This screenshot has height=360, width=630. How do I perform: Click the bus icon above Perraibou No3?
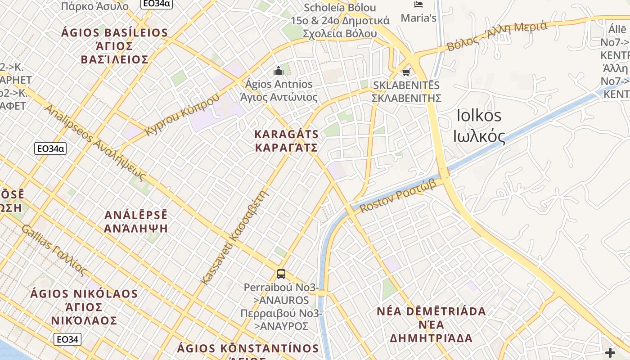pyautogui.click(x=281, y=274)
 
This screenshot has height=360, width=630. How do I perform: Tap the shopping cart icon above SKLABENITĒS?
pyautogui.click(x=406, y=72)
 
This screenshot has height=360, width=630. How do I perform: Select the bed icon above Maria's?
pyautogui.click(x=418, y=5)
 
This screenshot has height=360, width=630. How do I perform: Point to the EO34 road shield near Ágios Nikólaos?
pyautogui.click(x=67, y=339)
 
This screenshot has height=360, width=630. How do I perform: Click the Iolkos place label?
pyautogui.click(x=479, y=116)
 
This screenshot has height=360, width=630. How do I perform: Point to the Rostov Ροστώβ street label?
pyautogui.click(x=398, y=196)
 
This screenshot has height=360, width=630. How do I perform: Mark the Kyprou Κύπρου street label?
pyautogui.click(x=183, y=114)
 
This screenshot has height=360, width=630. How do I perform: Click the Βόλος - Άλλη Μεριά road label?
pyautogui.click(x=497, y=36)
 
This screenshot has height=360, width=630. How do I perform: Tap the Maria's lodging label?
pyautogui.click(x=418, y=18)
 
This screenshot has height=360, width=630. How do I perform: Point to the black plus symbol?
pyautogui.click(x=610, y=352)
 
